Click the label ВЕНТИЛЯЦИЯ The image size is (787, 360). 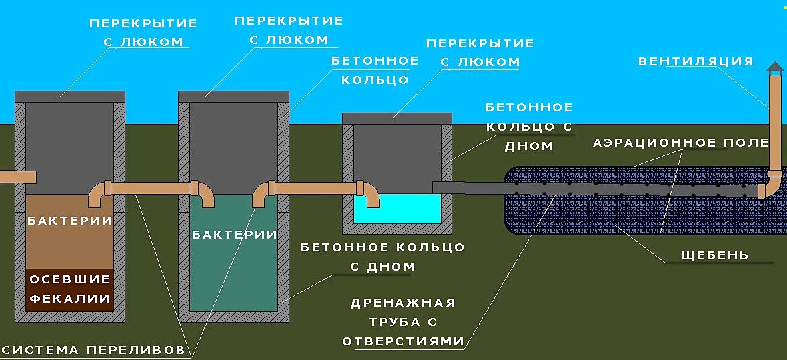pyautogui.click(x=696, y=62)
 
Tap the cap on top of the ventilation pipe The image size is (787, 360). pyautogui.click(x=774, y=68)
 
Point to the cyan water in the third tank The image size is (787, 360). pyautogui.click(x=397, y=209)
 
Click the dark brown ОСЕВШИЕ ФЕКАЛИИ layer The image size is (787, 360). pyautogui.click(x=68, y=289)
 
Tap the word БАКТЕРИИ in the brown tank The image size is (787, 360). pyautogui.click(x=68, y=220)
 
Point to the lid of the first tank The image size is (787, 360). pyautogui.click(x=69, y=96)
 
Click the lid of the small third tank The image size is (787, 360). pyautogui.click(x=397, y=118)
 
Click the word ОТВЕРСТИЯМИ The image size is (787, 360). pyautogui.click(x=402, y=341)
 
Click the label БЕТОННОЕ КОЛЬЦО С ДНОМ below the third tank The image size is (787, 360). pyautogui.click(x=383, y=257)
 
